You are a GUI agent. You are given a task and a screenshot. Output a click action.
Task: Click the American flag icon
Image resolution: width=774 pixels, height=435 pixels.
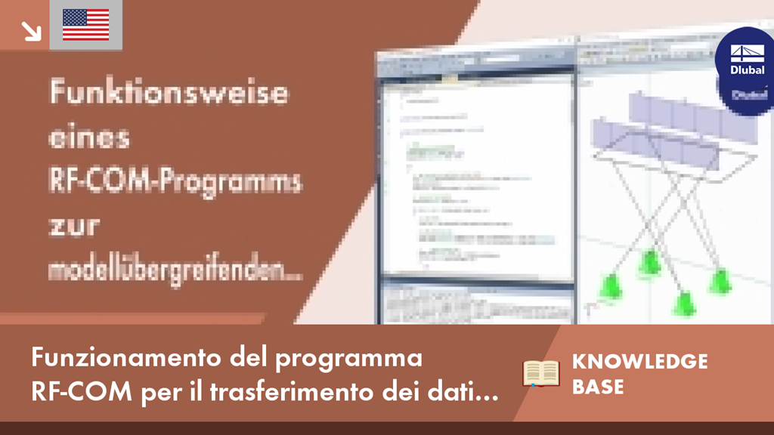tap(85, 25)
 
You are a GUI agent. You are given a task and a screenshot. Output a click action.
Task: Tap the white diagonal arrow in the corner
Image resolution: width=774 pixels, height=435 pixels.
tap(30, 30)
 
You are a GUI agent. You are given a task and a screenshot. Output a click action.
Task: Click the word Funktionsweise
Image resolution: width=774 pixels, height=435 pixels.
tap(169, 94)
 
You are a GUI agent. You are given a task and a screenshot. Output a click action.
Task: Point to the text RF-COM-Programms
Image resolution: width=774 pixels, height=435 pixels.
tap(175, 182)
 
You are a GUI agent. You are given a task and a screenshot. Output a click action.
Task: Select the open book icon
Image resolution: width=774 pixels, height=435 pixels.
tap(541, 373)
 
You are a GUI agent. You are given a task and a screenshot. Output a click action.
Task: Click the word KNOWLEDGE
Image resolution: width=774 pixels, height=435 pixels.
tap(639, 361)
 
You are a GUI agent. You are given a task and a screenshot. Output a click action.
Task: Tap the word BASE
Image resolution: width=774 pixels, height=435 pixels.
tap(598, 387)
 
